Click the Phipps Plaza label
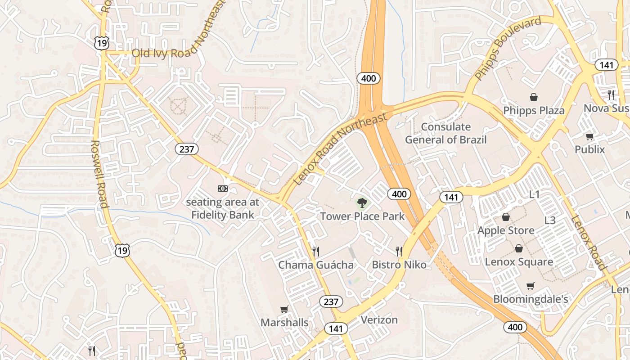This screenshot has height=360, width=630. click(534, 110)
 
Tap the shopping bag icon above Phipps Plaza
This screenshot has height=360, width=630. click(534, 97)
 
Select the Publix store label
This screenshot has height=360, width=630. click(589, 149)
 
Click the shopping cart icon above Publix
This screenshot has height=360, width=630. click(589, 136)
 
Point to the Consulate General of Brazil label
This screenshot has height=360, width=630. click(445, 133)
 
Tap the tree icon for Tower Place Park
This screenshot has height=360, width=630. click(362, 203)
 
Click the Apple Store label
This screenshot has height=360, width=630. click(506, 230)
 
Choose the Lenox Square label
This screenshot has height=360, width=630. click(519, 261)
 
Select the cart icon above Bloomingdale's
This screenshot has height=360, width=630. click(531, 286)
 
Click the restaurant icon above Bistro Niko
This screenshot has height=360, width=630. click(399, 251)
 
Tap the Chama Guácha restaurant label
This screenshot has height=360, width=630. click(316, 265)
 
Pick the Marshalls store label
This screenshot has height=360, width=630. click(284, 323)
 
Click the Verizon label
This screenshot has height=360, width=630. click(379, 320)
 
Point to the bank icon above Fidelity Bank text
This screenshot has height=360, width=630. click(222, 188)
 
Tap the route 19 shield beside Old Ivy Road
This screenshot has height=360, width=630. click(101, 43)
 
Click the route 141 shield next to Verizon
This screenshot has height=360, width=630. click(336, 328)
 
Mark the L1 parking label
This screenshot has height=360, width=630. click(534, 194)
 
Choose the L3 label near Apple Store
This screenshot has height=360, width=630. click(550, 220)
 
